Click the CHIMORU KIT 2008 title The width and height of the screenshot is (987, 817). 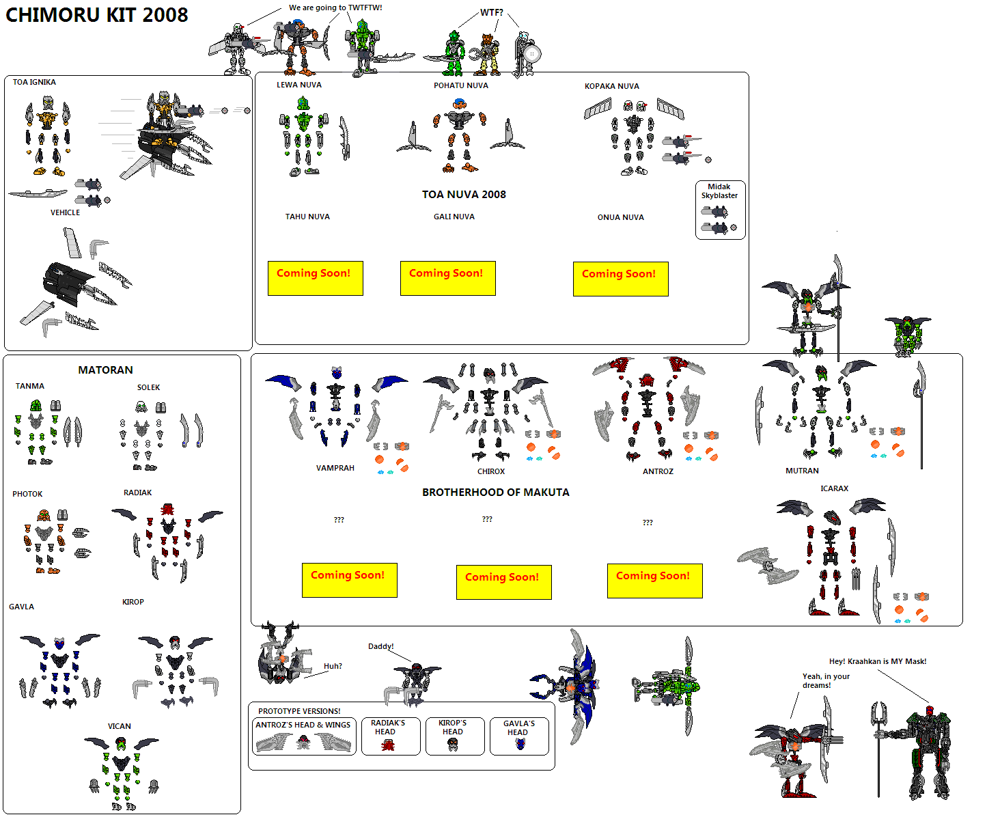[96, 15]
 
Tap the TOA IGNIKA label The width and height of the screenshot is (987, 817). [34, 82]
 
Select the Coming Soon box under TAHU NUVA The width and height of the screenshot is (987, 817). [316, 278]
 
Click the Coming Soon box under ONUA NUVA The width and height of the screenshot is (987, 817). [621, 279]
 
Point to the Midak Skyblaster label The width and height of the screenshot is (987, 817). [719, 191]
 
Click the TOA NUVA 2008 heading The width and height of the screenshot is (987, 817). [464, 194]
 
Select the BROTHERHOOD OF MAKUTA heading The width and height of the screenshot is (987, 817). [495, 493]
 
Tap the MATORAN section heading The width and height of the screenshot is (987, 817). [105, 370]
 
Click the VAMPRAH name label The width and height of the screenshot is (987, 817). [335, 468]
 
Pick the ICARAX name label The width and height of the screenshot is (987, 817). [834, 488]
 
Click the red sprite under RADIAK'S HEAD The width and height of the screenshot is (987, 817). [388, 745]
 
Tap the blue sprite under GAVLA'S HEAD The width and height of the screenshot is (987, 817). [520, 744]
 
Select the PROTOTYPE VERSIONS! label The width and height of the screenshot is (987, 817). [299, 710]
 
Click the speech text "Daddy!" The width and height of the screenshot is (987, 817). [381, 646]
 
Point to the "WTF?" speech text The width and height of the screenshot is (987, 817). [492, 12]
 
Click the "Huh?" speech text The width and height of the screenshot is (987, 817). [333, 666]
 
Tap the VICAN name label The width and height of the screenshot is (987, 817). [119, 725]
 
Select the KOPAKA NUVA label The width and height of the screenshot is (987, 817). [612, 86]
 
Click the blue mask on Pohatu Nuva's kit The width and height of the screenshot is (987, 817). [459, 103]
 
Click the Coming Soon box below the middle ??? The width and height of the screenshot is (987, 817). [504, 582]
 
